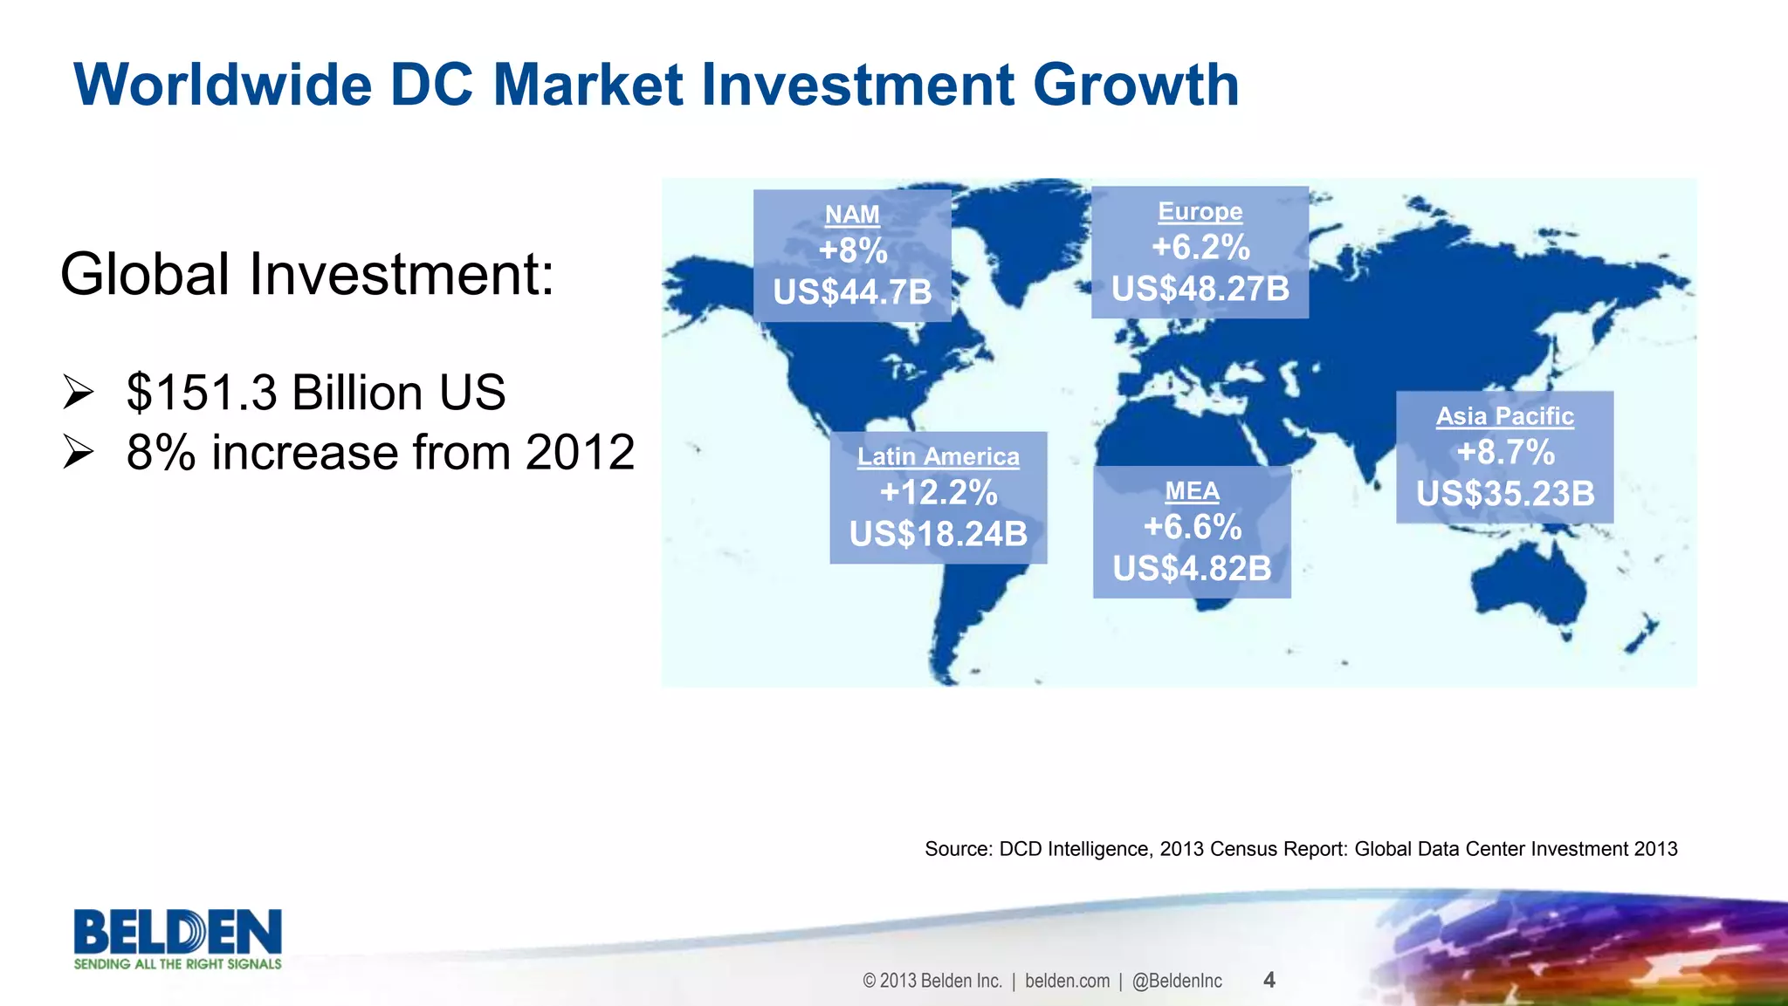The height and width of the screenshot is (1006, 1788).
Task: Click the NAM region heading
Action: point(852,215)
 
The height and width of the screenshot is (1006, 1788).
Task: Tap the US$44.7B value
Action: point(852,291)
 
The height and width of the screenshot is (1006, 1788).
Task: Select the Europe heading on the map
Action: point(1200,211)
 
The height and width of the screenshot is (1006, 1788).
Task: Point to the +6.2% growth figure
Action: point(1200,248)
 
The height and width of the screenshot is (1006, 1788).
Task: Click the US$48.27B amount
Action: point(1200,289)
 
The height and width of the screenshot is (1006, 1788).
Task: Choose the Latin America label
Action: point(938,456)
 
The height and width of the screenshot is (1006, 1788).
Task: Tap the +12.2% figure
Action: point(938,493)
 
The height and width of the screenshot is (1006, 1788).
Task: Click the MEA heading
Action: point(1192,491)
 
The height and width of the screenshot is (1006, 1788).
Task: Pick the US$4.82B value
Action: point(1192,569)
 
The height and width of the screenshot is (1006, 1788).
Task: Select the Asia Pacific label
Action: point(1504,416)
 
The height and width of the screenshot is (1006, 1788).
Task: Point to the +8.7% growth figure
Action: point(1504,453)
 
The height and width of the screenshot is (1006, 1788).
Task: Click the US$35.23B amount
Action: point(1504,494)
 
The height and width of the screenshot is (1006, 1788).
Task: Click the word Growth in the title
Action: point(1135,86)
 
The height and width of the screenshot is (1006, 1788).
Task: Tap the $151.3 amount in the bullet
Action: point(202,393)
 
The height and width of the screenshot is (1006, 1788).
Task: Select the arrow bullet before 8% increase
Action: point(78,453)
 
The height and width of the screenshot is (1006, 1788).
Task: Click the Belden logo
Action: point(177,938)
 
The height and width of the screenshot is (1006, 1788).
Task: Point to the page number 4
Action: point(1269,980)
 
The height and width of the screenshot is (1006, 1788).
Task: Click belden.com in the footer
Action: point(1067,981)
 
